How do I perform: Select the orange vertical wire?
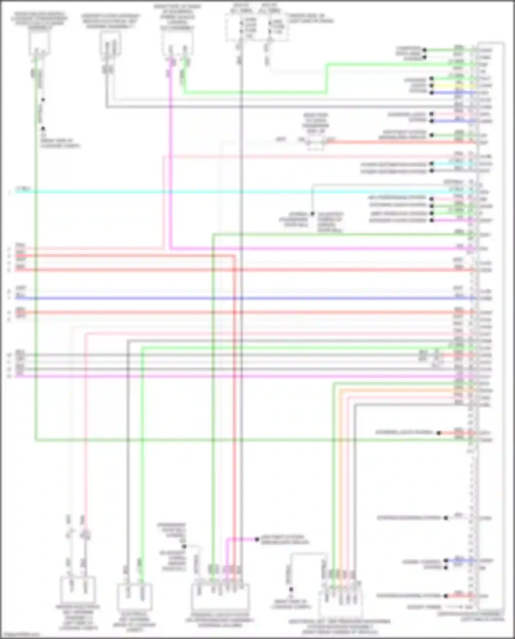pyautogui.click(x=340, y=481)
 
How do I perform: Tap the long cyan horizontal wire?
pyautogui.click(x=240, y=192)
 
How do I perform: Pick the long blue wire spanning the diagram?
pyautogui.click(x=240, y=298)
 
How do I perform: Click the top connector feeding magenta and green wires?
pyautogui.click(x=178, y=45)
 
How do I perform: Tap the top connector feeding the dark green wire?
pyautogui.click(x=39, y=43)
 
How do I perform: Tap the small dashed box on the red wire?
pyautogui.click(x=316, y=142)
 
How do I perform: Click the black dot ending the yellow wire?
pyautogui.click(x=432, y=85)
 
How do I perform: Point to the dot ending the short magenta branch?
pyautogui.click(x=256, y=539)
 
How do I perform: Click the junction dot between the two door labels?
pyautogui.click(x=312, y=214)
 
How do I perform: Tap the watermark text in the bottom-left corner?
pyautogui.click(x=20, y=635)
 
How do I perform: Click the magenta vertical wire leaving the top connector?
pyautogui.click(x=170, y=155)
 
